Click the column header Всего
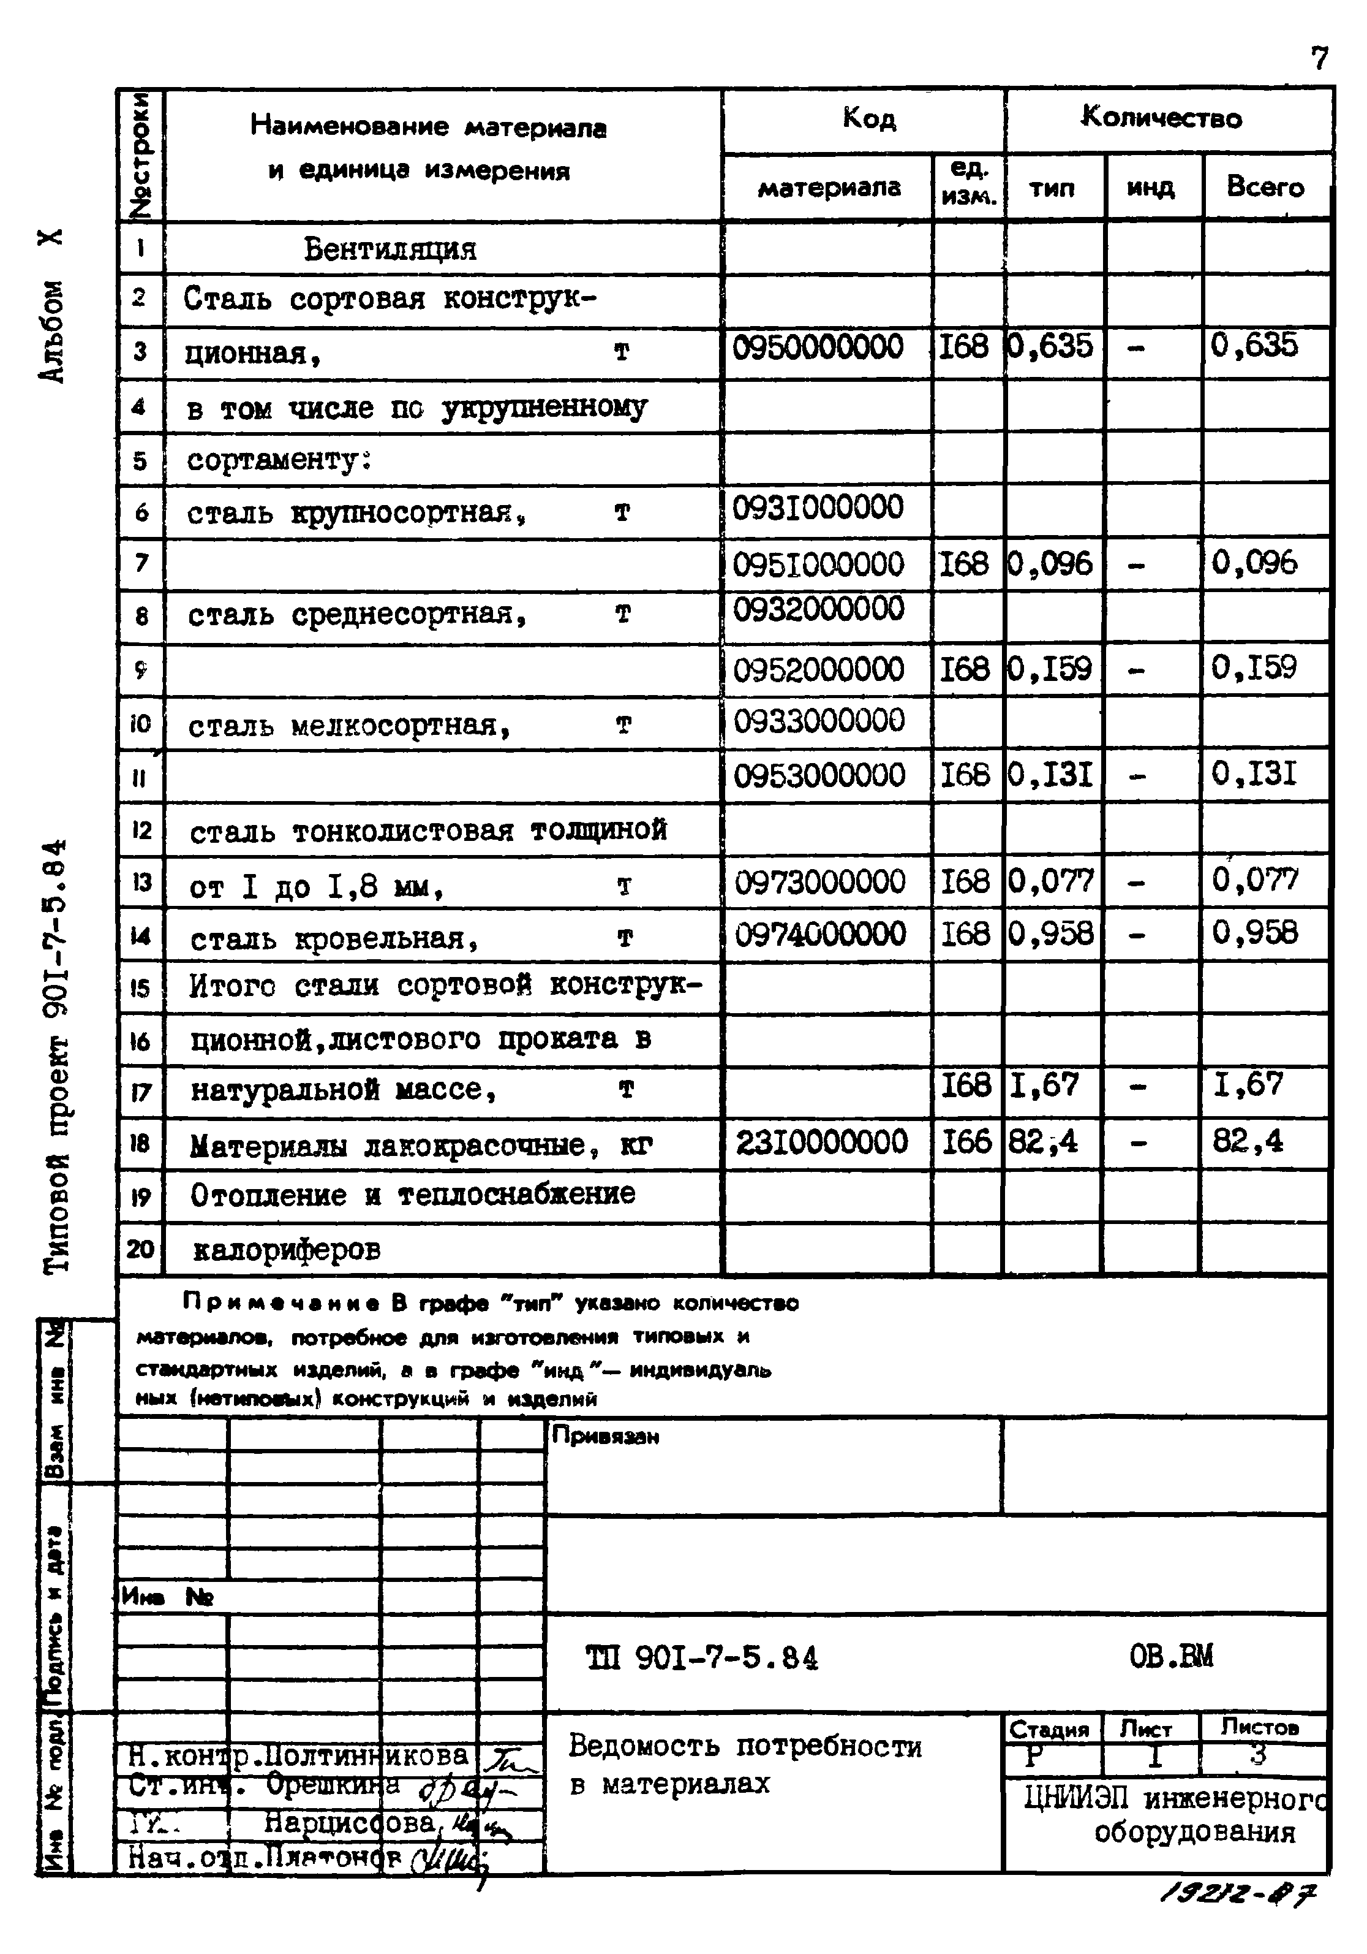click(1265, 187)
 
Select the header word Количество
click(1161, 118)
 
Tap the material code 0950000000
click(818, 348)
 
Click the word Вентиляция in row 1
click(391, 249)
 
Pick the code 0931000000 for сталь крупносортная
click(818, 508)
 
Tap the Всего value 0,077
click(1255, 880)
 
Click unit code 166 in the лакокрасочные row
click(965, 1142)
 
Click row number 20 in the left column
click(140, 1249)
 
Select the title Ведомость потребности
click(744, 1746)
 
